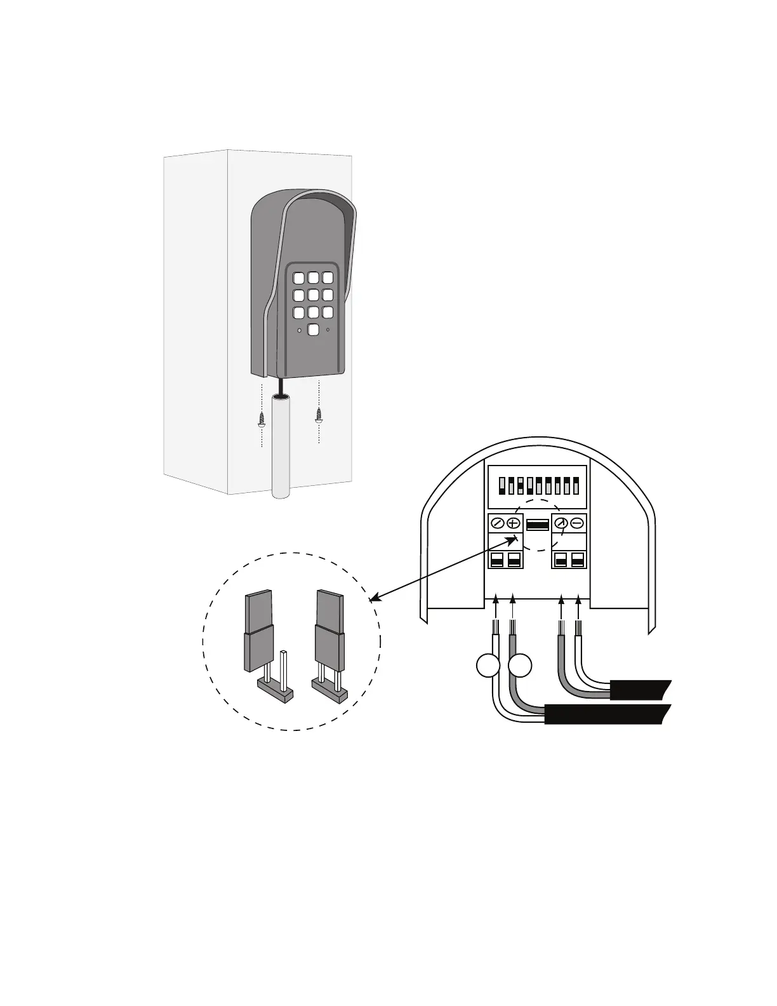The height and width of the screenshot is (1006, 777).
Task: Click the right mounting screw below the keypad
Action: (319, 415)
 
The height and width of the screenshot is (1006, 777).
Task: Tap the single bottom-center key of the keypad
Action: (313, 329)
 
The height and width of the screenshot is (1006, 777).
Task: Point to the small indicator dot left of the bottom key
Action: (300, 330)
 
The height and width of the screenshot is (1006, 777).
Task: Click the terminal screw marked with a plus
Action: (514, 524)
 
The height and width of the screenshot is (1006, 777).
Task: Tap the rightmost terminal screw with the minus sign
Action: (578, 524)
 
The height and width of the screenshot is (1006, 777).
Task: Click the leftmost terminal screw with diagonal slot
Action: (498, 524)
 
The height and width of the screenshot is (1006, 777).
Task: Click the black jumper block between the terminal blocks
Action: (538, 525)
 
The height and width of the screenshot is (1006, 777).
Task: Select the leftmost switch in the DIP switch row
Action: (502, 486)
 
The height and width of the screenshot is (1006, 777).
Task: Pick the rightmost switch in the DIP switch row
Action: (576, 486)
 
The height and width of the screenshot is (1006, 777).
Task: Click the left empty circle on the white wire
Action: (488, 666)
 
